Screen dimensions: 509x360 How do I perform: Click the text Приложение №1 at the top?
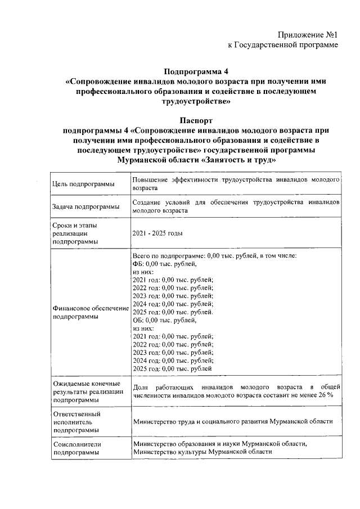pos(309,35)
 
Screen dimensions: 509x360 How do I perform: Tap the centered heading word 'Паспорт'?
pos(196,120)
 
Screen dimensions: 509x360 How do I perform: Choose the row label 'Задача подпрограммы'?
pos(85,207)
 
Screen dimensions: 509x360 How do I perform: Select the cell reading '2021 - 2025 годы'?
pos(158,233)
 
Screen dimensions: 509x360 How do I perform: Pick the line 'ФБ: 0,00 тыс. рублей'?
pos(164,263)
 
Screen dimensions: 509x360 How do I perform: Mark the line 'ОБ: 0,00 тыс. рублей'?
pos(164,320)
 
